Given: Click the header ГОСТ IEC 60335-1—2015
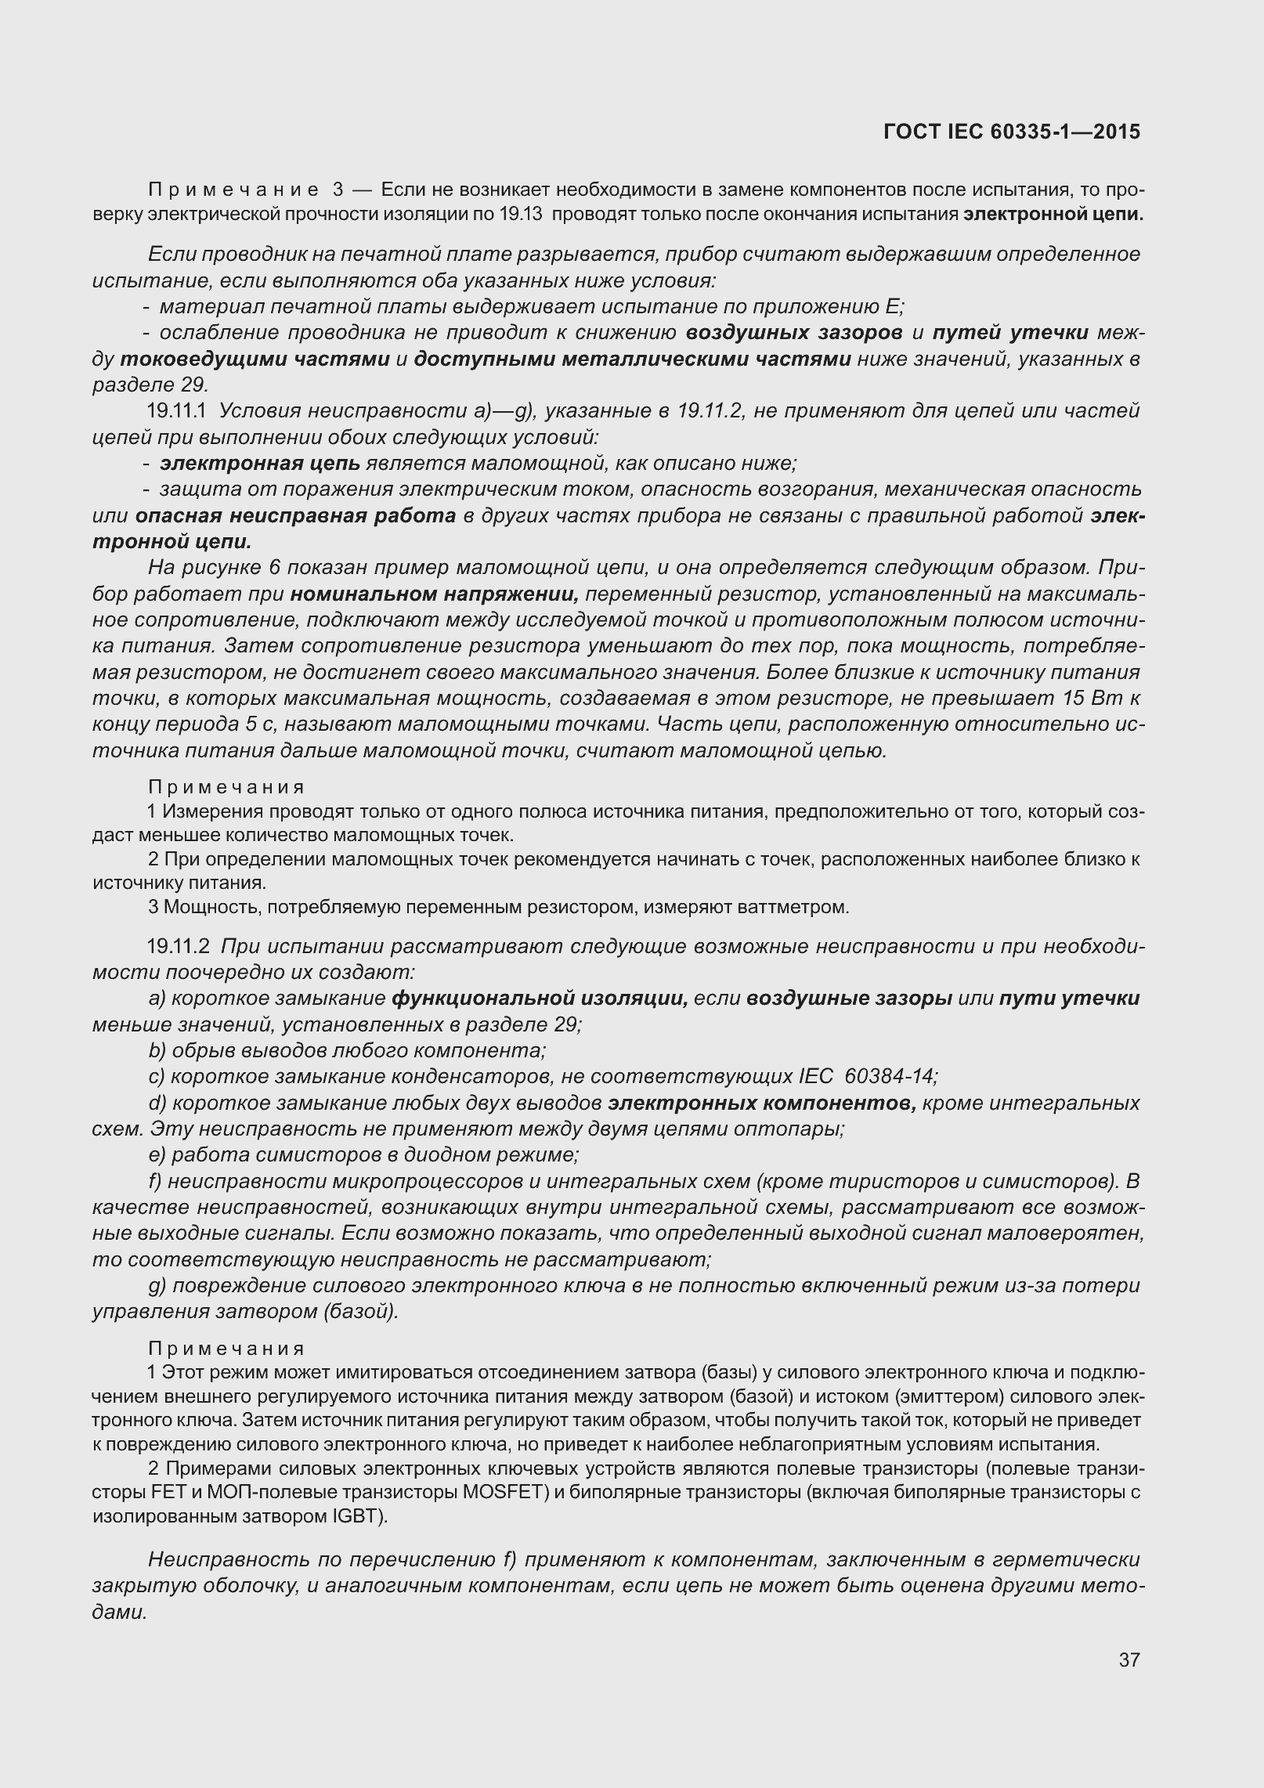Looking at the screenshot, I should click(1011, 132).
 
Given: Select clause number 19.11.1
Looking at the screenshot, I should click(176, 411).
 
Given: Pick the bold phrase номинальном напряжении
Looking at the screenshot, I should click(434, 594).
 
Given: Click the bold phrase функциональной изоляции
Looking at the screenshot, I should click(540, 999).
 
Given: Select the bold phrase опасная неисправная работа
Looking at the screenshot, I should click(295, 516).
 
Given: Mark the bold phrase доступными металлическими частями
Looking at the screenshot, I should click(633, 359).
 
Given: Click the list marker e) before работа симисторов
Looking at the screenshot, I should click(157, 1155).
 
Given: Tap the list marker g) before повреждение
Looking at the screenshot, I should click(157, 1286).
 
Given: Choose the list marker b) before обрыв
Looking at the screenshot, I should click(157, 1051).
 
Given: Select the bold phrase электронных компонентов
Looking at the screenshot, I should click(763, 1104).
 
